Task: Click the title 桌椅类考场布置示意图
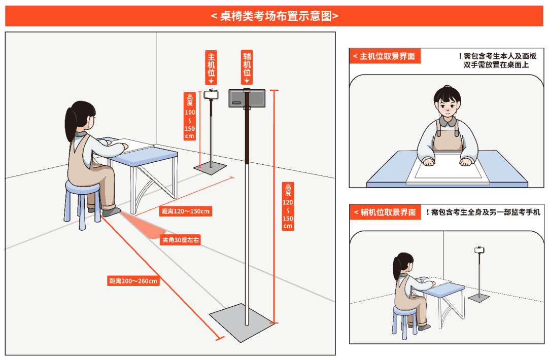(274, 16)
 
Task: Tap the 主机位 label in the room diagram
(211, 66)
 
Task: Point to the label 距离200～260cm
(133, 280)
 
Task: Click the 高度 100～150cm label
(190, 116)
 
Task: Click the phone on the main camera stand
(211, 94)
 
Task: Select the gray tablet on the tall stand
(247, 98)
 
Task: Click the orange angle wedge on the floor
(147, 226)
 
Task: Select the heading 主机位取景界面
(384, 56)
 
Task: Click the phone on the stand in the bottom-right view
(478, 250)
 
